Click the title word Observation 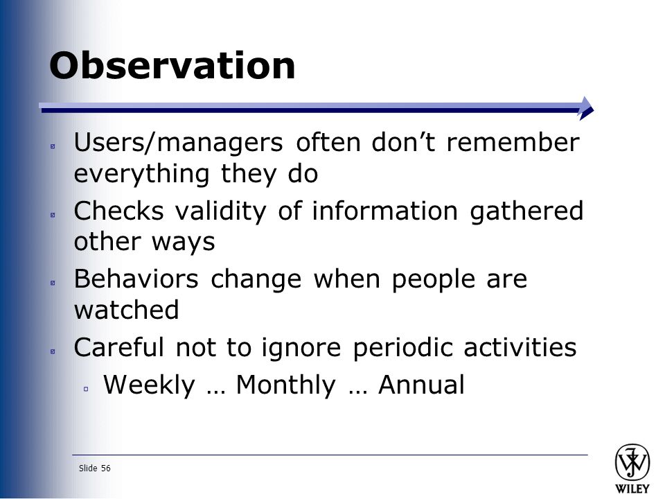tap(172, 65)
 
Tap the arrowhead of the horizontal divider tap(586, 108)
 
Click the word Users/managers tap(178, 143)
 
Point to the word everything tap(141, 175)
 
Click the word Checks tap(118, 211)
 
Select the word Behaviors tap(136, 279)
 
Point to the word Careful tap(118, 347)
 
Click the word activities tap(520, 347)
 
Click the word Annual tap(421, 385)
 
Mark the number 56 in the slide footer tap(105, 468)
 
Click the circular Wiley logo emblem tap(632, 463)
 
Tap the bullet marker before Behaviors tap(53, 283)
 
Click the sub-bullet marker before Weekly tap(86, 389)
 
